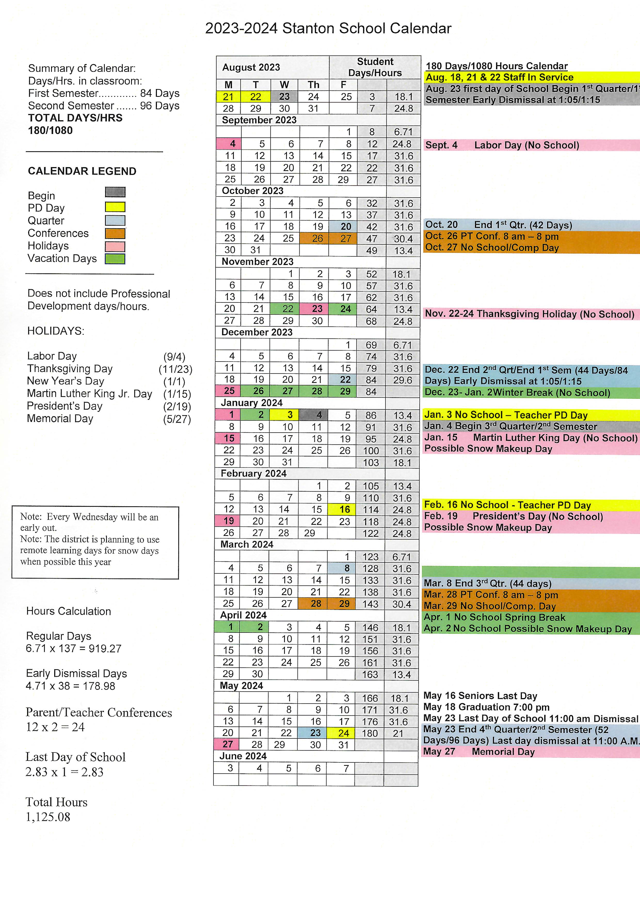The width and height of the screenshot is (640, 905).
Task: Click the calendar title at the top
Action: pos(328,28)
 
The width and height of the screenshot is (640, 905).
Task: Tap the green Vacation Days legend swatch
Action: pos(115,259)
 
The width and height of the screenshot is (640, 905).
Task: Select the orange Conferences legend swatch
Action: pos(115,233)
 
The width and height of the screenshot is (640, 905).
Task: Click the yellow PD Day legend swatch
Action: pos(115,207)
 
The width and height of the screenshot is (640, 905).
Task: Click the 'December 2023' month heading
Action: pos(257,332)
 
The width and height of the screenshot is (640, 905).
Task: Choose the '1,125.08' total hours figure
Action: pos(48,817)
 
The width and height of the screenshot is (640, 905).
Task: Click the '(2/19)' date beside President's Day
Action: pos(177,407)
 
